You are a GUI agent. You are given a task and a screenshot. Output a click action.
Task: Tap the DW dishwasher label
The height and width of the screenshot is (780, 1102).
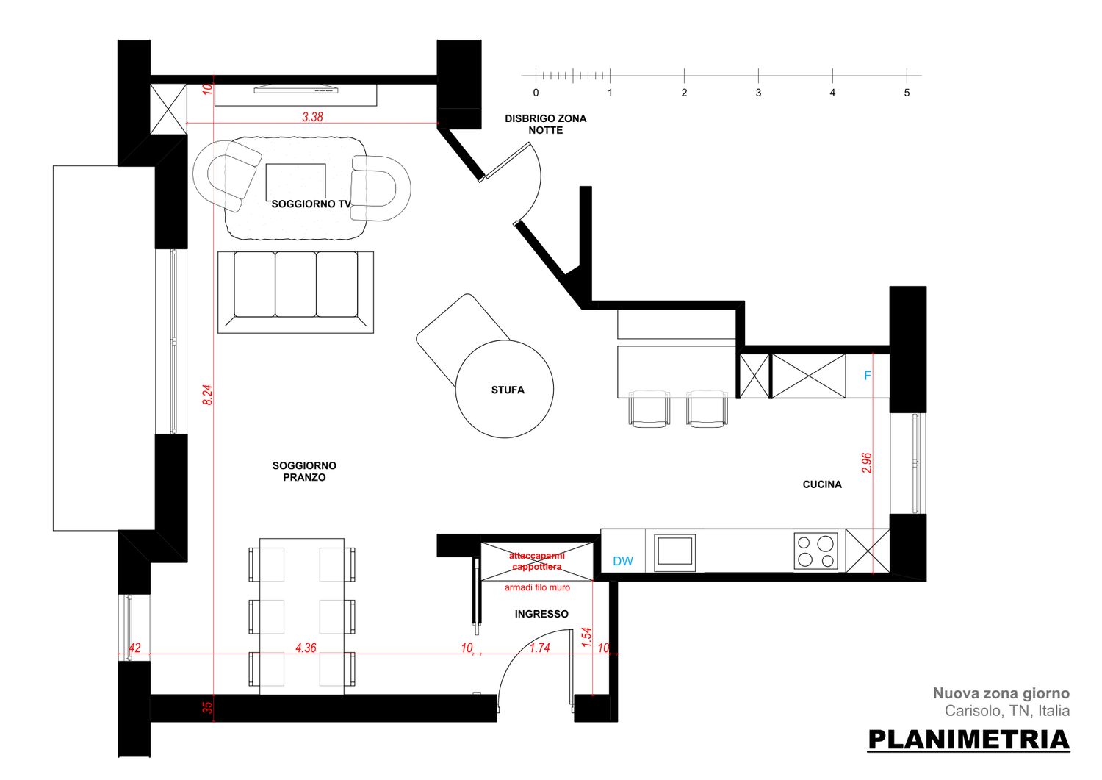(x=623, y=561)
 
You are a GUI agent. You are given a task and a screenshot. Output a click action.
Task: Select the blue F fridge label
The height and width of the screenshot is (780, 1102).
(x=868, y=376)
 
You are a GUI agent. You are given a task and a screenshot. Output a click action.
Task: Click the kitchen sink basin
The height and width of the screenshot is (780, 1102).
(x=674, y=553)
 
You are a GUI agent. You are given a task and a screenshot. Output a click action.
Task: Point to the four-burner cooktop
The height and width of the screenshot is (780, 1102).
(x=815, y=551)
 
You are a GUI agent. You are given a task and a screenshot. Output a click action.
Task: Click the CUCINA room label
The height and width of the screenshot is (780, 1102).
(x=822, y=484)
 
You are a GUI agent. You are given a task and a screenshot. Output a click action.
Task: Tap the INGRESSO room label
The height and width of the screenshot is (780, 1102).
(x=541, y=614)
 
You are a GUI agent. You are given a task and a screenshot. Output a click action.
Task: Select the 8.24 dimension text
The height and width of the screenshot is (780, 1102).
(x=208, y=395)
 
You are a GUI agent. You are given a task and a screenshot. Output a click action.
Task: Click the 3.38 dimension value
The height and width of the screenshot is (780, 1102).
(x=312, y=117)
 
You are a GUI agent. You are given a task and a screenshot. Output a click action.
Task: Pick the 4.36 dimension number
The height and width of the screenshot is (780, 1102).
(x=306, y=648)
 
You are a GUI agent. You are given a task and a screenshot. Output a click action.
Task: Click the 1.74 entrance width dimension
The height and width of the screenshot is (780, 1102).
(x=540, y=648)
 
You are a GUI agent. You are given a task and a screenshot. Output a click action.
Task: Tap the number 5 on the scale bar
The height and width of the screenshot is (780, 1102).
(x=907, y=93)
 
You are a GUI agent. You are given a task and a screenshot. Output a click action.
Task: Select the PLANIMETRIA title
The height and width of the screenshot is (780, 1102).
(x=969, y=740)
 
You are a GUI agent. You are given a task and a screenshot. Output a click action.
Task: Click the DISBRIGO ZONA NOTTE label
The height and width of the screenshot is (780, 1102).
(x=546, y=124)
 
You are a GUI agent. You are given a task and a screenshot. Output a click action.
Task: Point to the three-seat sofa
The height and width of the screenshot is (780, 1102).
(x=295, y=292)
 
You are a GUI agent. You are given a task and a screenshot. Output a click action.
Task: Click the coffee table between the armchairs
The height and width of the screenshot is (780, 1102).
(x=295, y=182)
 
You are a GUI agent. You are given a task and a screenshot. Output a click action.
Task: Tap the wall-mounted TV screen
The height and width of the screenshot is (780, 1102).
(x=296, y=89)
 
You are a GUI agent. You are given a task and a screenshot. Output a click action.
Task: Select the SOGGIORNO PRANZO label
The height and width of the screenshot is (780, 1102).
(x=304, y=471)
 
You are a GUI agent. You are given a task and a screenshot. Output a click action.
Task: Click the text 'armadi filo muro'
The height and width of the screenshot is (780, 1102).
(x=537, y=587)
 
